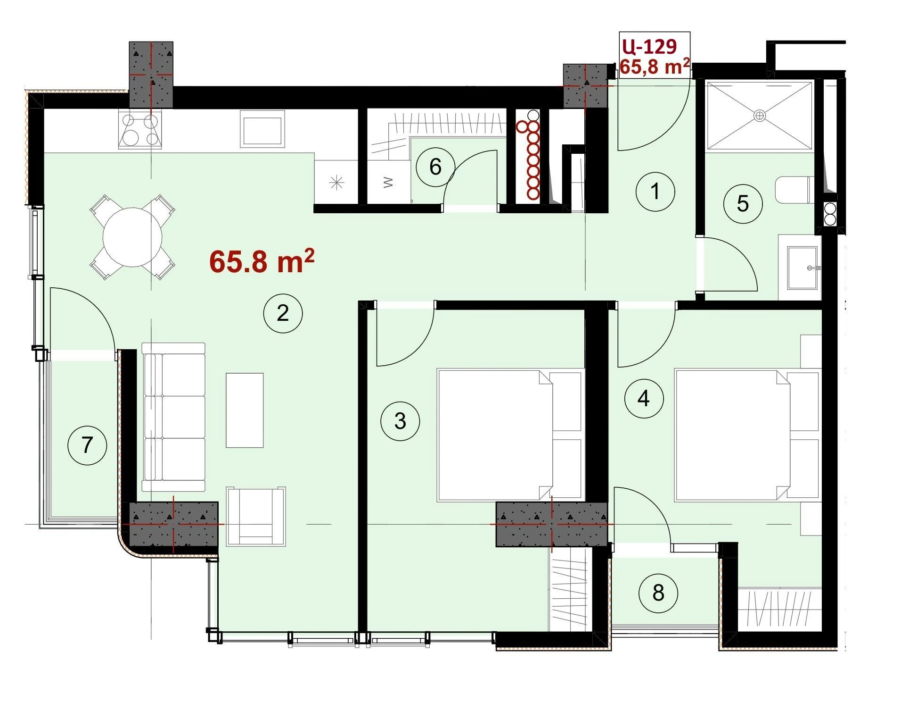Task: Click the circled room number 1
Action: (x=655, y=192)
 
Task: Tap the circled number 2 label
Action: (x=283, y=313)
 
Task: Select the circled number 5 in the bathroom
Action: (x=743, y=203)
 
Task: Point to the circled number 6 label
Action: (x=435, y=167)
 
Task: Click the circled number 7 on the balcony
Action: (x=87, y=445)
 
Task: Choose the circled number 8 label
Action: (x=658, y=593)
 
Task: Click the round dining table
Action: (x=132, y=237)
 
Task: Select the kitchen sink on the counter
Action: (x=262, y=128)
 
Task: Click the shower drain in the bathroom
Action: (x=759, y=116)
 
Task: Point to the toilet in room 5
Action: (x=794, y=190)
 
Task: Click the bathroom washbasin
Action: (x=804, y=268)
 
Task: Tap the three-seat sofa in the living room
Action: (x=174, y=417)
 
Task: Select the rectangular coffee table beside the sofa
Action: (x=245, y=410)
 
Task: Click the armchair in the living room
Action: (x=256, y=516)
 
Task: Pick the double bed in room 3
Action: (x=509, y=435)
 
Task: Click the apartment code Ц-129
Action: (x=649, y=46)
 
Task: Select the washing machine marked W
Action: (x=388, y=182)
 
